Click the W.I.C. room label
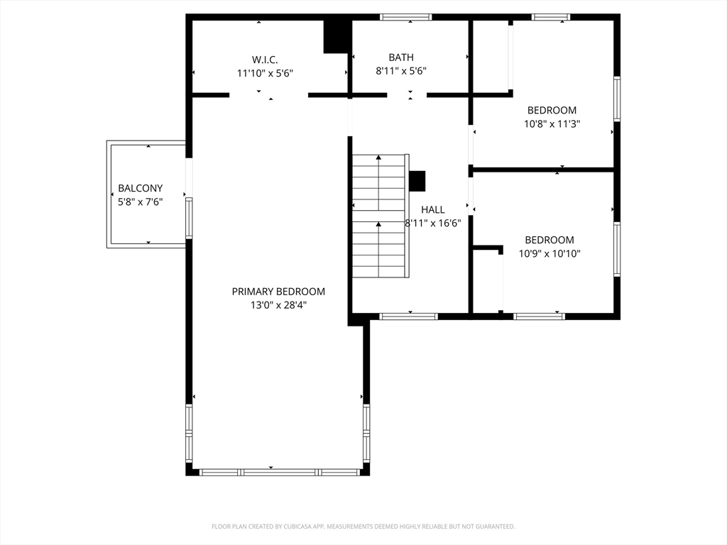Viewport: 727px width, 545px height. coord(265,60)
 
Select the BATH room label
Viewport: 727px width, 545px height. coord(401,57)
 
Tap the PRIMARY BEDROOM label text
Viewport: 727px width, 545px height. coord(278,292)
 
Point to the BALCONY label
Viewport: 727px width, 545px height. coord(140,188)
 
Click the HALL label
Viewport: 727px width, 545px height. coord(432,209)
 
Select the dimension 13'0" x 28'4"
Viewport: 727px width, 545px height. coord(278,305)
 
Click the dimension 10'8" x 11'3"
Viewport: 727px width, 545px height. coord(552,123)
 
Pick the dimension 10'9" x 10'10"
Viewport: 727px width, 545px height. coord(550,253)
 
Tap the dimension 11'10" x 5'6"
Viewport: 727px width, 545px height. coord(265,73)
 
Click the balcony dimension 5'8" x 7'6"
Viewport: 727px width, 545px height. coord(140,202)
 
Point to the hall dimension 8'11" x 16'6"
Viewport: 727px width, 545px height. coord(433,223)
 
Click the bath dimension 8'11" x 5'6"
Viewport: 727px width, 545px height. coord(401,71)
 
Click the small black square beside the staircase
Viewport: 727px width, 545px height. coord(417,181)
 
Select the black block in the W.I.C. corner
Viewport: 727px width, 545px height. coord(336,37)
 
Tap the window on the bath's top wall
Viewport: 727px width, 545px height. coord(405,17)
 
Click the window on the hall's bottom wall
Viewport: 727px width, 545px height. coord(408,316)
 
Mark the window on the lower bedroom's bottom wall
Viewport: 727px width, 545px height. coord(540,316)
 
